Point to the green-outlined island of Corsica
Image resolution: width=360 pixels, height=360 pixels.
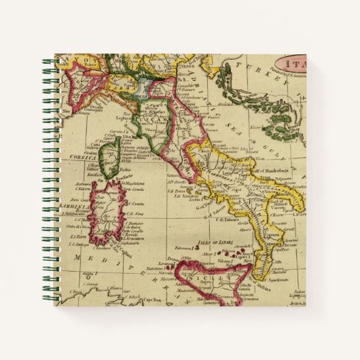coord(109,156)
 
